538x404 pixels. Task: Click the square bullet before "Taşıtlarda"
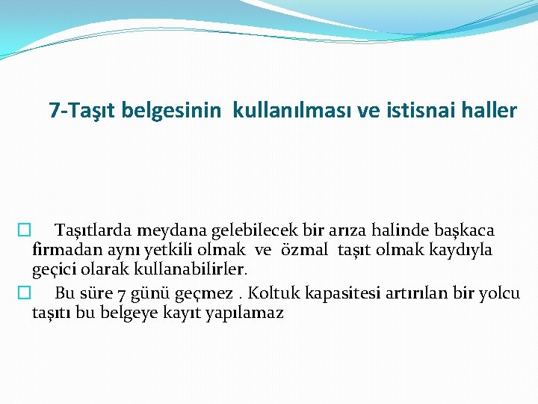pos(25,230)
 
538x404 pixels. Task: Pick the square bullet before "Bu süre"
pos(25,293)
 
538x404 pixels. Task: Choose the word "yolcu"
pos(500,293)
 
